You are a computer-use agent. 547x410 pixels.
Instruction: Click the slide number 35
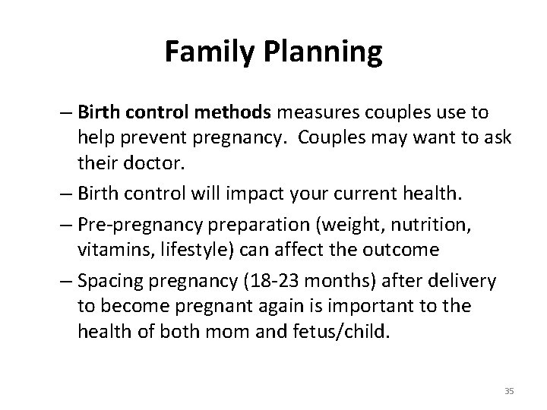[x=509, y=390]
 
